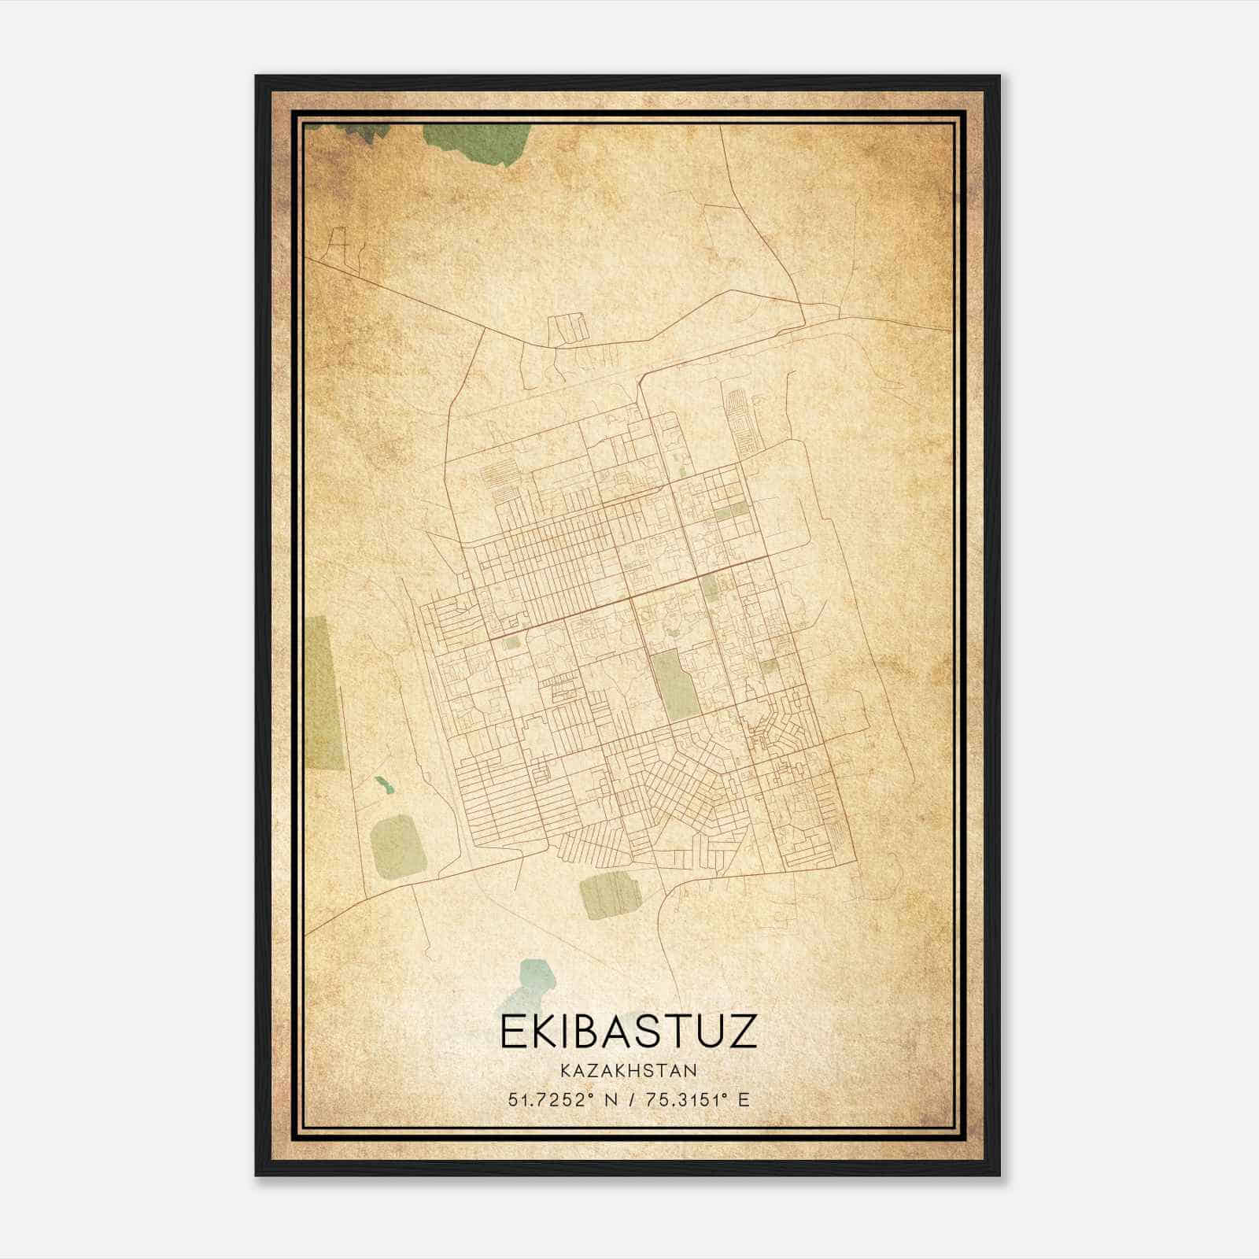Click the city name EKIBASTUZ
(629, 1032)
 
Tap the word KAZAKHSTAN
(628, 1070)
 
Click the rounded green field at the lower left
(398, 846)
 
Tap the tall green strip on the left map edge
(324, 692)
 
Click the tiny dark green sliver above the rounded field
(384, 785)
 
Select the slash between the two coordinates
(626, 1099)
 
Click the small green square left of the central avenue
(512, 642)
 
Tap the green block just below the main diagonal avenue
(710, 586)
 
